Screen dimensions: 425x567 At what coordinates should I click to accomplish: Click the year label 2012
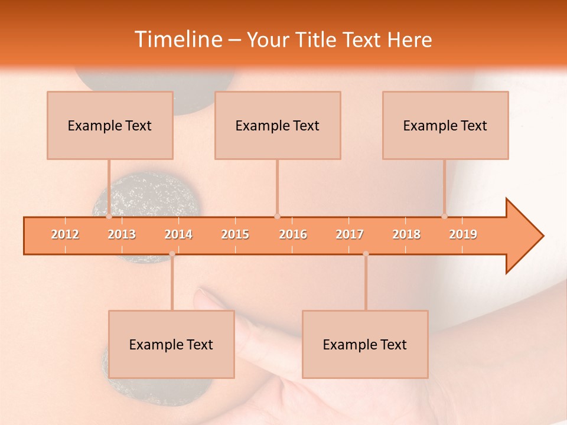coord(65,234)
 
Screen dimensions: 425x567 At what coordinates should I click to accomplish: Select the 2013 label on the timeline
coord(122,234)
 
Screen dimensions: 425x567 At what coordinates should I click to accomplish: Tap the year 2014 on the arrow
coord(178,234)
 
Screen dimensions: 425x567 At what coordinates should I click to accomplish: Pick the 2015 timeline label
coord(235,234)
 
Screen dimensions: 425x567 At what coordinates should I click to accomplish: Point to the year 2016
coord(293,234)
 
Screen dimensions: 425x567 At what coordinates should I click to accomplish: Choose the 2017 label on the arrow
coord(350,234)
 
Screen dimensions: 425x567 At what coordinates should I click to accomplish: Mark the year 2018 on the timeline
coord(406,234)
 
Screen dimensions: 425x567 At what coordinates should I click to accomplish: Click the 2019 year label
coord(463,234)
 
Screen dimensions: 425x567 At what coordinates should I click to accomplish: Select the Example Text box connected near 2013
coord(110,125)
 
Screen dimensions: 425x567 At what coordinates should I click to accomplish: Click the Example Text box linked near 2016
coord(278,125)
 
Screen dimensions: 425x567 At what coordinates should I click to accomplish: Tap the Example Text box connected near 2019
coord(445,125)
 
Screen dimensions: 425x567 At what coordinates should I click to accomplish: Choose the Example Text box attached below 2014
coord(171,344)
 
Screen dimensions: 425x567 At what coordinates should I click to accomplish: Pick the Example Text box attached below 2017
coord(365,344)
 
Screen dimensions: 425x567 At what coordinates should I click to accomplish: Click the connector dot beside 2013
coord(109,217)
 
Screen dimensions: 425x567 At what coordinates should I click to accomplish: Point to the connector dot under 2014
coord(172,254)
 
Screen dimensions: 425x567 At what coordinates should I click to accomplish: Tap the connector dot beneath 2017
coord(366,254)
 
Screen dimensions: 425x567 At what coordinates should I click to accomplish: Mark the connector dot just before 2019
coord(444,217)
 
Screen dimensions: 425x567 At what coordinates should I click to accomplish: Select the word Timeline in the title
coord(178,40)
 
